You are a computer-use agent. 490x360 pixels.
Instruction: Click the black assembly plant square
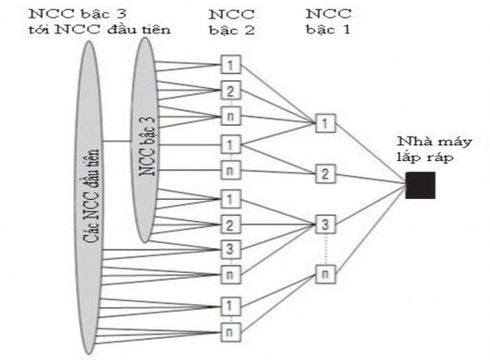click(x=420, y=185)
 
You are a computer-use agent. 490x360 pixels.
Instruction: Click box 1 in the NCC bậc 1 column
click(x=324, y=123)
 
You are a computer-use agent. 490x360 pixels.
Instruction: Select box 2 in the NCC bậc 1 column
click(x=324, y=173)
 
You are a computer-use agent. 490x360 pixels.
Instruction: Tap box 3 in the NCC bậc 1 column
click(x=324, y=224)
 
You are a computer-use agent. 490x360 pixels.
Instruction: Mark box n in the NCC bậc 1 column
click(x=324, y=274)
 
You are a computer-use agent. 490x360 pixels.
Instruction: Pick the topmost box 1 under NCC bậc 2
click(x=231, y=67)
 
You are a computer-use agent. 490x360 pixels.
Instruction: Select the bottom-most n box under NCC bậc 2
click(x=231, y=328)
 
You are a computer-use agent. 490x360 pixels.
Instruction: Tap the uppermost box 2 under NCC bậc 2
click(x=231, y=91)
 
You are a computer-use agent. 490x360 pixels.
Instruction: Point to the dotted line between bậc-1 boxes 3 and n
click(x=324, y=249)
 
